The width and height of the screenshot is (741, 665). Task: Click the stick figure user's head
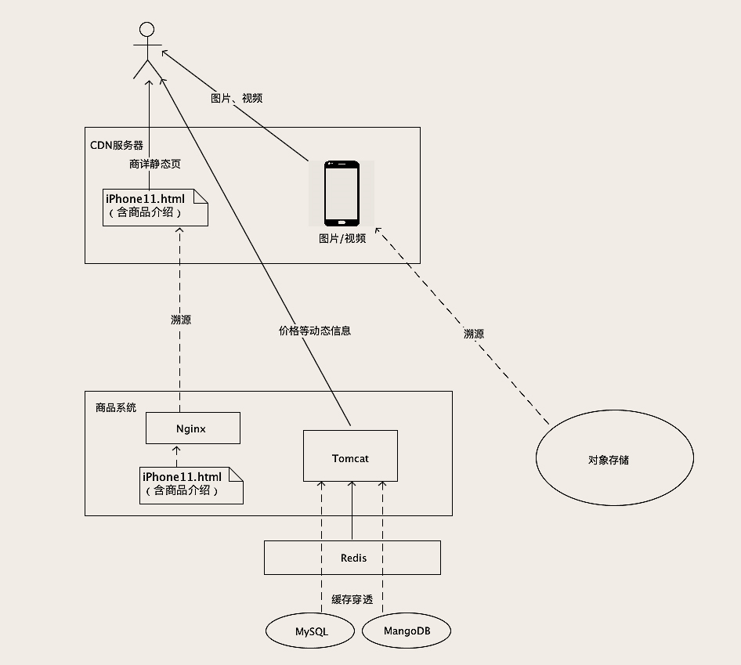(146, 30)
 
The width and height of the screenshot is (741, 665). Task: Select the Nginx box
(192, 428)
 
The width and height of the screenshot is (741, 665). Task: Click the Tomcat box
(350, 457)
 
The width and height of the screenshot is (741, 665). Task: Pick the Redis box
(352, 558)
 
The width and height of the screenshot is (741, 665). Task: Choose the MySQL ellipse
(311, 631)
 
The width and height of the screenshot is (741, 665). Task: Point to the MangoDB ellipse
(407, 631)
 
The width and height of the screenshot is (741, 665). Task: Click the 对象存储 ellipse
(614, 460)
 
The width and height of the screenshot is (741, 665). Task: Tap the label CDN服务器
(117, 145)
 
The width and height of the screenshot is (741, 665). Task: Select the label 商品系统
(115, 407)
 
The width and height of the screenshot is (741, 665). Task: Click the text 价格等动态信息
(315, 331)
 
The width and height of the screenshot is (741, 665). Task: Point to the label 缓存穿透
(352, 600)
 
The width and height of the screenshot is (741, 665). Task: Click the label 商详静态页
(154, 164)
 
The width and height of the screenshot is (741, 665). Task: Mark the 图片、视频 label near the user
(237, 98)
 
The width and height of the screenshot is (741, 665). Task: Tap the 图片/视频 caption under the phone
(342, 238)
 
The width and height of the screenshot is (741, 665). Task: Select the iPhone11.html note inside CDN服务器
(154, 207)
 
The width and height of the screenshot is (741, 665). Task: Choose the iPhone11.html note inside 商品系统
(191, 484)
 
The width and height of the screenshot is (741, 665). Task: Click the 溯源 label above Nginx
(181, 320)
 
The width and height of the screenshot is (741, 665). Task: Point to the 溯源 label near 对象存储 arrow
(474, 334)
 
